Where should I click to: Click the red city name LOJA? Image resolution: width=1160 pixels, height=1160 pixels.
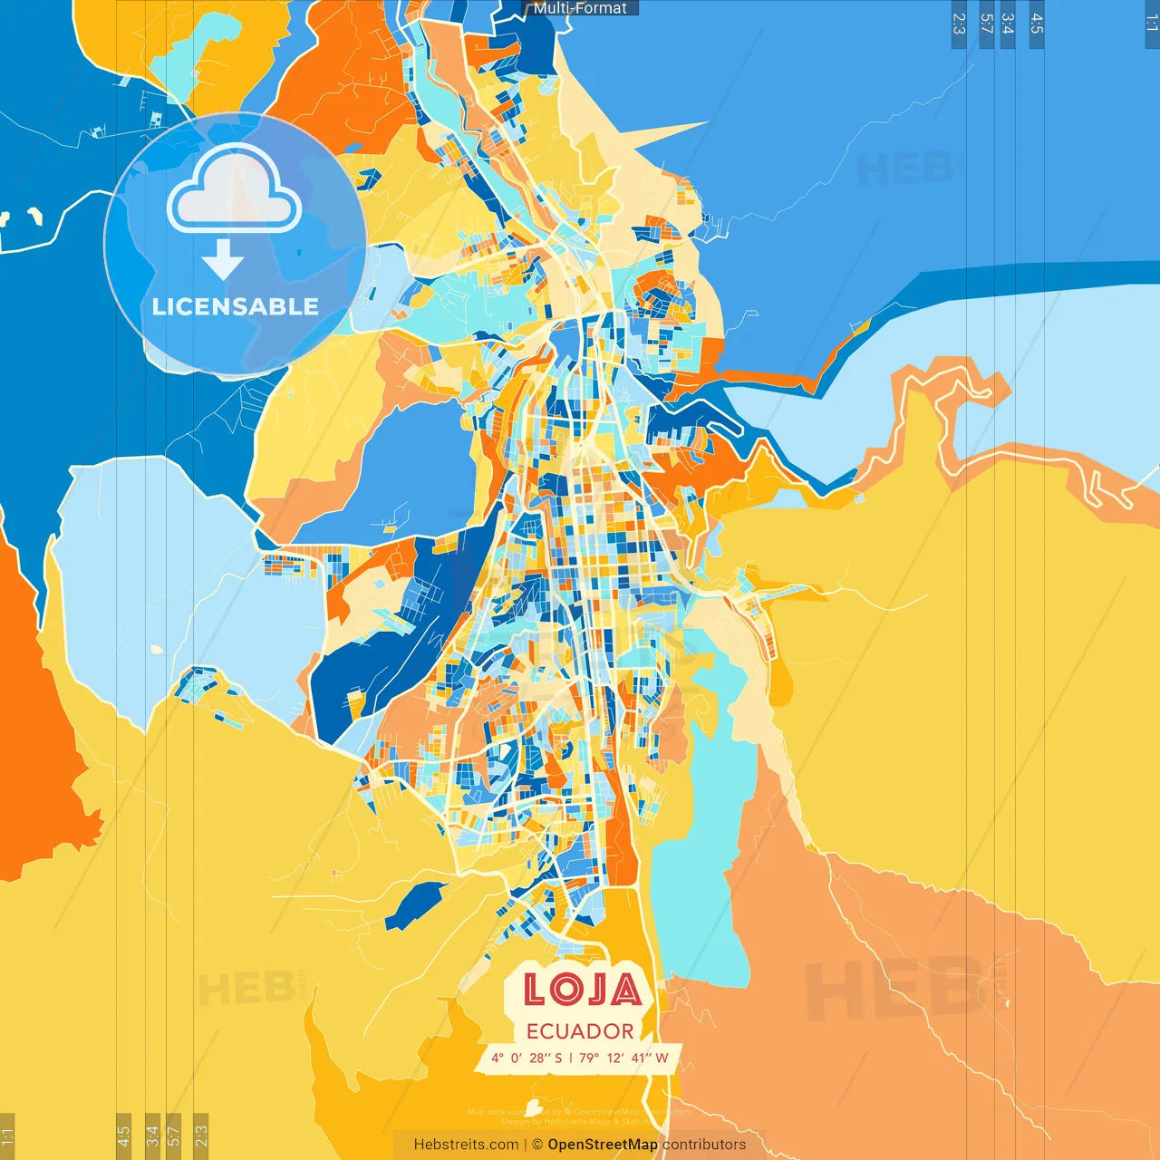pyautogui.click(x=582, y=990)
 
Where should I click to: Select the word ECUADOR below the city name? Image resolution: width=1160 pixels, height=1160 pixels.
pyautogui.click(x=580, y=1031)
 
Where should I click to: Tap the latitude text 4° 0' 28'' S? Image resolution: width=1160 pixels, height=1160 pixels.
pyautogui.click(x=527, y=1058)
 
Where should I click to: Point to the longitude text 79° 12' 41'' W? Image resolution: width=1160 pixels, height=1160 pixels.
pyautogui.click(x=623, y=1058)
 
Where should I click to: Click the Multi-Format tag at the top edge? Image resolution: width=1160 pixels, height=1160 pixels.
pyautogui.click(x=580, y=8)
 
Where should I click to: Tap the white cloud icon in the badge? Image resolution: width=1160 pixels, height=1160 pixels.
pyautogui.click(x=234, y=190)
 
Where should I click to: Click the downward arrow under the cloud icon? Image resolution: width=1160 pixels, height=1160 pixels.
pyautogui.click(x=223, y=259)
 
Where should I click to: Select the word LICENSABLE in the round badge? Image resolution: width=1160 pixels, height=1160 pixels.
pyautogui.click(x=236, y=306)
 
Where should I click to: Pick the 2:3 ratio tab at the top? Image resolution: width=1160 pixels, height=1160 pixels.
pyautogui.click(x=959, y=24)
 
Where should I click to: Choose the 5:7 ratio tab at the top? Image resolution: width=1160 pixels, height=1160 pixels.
pyautogui.click(x=986, y=24)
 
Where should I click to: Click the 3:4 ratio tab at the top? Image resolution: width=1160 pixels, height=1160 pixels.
pyautogui.click(x=1007, y=24)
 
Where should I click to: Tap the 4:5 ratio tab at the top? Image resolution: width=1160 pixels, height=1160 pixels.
pyautogui.click(x=1037, y=24)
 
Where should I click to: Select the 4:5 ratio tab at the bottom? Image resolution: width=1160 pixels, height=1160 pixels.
pyautogui.click(x=123, y=1136)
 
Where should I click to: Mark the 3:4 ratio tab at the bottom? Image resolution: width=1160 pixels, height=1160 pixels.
pyautogui.click(x=152, y=1136)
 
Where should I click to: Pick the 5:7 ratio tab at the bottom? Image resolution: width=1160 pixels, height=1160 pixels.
pyautogui.click(x=173, y=1136)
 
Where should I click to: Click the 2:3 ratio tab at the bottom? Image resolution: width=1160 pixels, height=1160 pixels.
pyautogui.click(x=200, y=1136)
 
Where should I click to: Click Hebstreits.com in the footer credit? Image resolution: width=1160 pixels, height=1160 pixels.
pyautogui.click(x=466, y=1145)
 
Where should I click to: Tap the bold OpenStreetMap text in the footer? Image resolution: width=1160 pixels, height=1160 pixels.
pyautogui.click(x=603, y=1145)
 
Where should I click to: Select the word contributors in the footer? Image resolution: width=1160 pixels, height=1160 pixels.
pyautogui.click(x=704, y=1145)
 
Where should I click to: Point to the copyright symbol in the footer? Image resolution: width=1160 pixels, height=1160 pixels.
pyautogui.click(x=537, y=1145)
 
